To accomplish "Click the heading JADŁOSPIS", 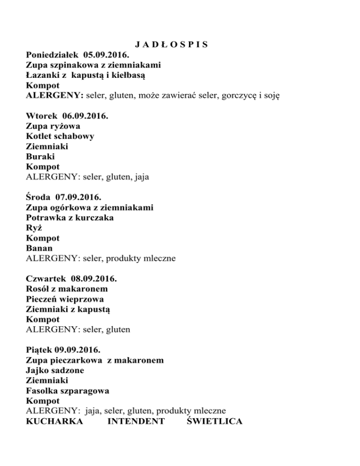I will click(x=171, y=45).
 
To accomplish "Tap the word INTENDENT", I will click(x=136, y=421).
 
